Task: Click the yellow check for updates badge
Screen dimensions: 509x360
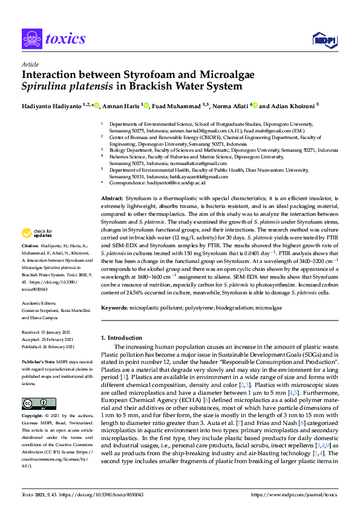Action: pos(37,233)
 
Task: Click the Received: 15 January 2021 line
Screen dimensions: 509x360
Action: pos(47,333)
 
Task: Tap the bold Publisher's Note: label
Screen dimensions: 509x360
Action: pos(39,361)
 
